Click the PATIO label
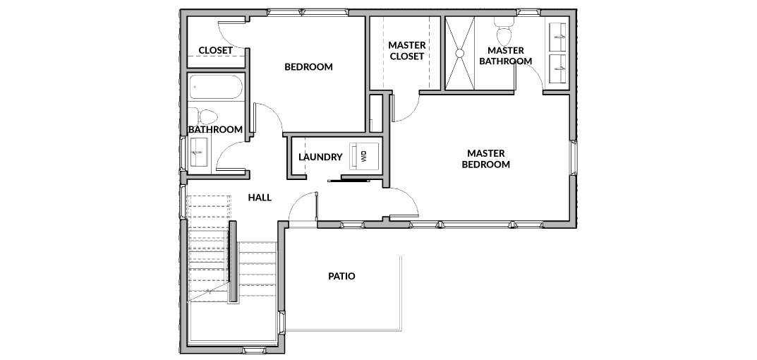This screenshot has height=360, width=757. click(x=341, y=277)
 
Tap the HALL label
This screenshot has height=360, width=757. click(x=260, y=198)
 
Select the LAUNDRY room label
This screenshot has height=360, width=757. click(x=320, y=157)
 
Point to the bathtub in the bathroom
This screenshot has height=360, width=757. click(x=216, y=87)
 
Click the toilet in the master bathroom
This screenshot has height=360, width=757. click(x=504, y=30)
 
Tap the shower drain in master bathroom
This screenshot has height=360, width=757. click(x=459, y=53)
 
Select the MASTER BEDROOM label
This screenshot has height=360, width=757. click(x=485, y=159)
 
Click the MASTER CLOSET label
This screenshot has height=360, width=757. click(x=407, y=51)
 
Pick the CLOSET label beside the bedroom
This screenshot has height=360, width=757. click(x=215, y=50)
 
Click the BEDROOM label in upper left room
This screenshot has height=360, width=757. click(x=308, y=66)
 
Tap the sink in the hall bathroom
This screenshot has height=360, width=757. click(x=198, y=152)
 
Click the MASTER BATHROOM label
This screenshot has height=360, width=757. click(x=505, y=56)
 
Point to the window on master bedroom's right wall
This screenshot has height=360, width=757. click(x=574, y=158)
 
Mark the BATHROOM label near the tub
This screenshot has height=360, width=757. click(x=215, y=129)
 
